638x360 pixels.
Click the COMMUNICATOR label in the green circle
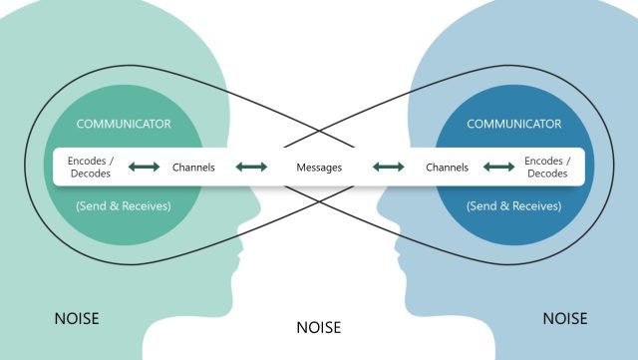[x=124, y=124]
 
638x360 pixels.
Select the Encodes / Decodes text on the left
[x=89, y=167]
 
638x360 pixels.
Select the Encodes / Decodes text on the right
[x=547, y=167]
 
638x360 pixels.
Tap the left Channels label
[x=193, y=167]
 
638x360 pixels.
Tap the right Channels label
[x=447, y=167]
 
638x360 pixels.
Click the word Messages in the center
[x=319, y=167]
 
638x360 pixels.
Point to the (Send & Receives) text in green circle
[x=124, y=205]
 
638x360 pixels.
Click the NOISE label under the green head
[x=78, y=320]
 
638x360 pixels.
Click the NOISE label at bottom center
[x=319, y=326]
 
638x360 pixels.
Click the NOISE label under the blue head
[x=564, y=320]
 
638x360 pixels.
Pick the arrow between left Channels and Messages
[x=251, y=167]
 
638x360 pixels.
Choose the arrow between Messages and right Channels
[x=387, y=167]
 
